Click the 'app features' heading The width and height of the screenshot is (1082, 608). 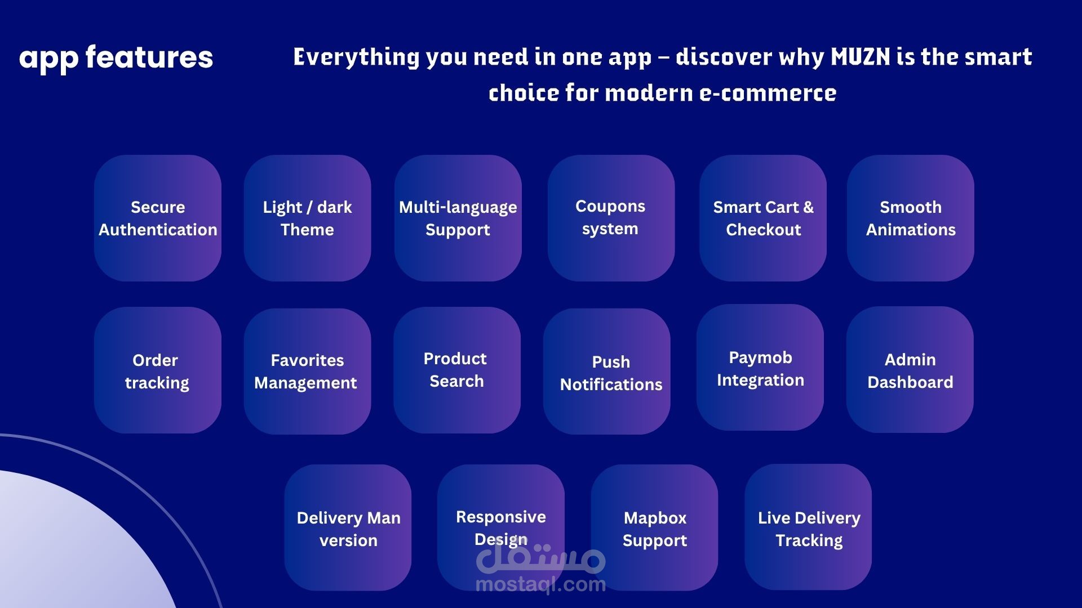pyautogui.click(x=116, y=58)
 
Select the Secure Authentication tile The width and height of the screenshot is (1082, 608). pyautogui.click(x=158, y=218)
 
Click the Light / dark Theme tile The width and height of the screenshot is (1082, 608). pyautogui.click(x=308, y=218)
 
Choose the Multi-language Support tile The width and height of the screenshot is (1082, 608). pyautogui.click(x=458, y=218)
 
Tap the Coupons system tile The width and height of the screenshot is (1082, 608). pyautogui.click(x=611, y=218)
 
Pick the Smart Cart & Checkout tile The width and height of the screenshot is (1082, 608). pyautogui.click(x=763, y=218)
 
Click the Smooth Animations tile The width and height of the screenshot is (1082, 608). pyautogui.click(x=911, y=218)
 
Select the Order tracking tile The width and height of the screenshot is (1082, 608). pyautogui.click(x=158, y=370)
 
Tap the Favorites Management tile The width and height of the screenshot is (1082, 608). pyautogui.click(x=308, y=371)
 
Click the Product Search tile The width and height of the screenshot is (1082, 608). pyautogui.click(x=457, y=370)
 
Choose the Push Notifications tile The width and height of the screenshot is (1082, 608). pyautogui.click(x=607, y=371)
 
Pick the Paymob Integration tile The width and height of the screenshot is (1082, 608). pyautogui.click(x=760, y=367)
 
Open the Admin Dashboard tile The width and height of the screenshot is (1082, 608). pyautogui.click(x=910, y=369)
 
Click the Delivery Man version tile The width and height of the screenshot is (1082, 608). pyautogui.click(x=348, y=527)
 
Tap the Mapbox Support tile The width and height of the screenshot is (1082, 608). pyautogui.click(x=655, y=527)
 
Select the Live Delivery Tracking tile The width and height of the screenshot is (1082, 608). pyautogui.click(x=808, y=527)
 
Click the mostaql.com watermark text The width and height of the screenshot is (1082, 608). pyautogui.click(x=541, y=584)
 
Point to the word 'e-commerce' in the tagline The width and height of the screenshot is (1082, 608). pyautogui.click(x=768, y=93)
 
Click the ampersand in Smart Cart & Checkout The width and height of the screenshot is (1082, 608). pyautogui.click(x=809, y=207)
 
